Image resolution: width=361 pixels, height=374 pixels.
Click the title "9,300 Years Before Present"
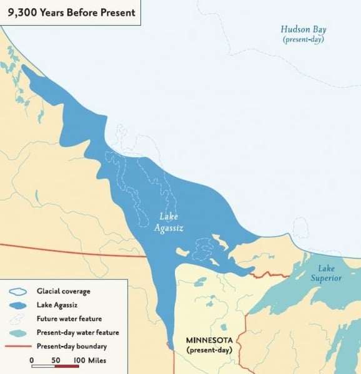[70, 12]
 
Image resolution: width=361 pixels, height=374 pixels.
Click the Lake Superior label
[327, 273]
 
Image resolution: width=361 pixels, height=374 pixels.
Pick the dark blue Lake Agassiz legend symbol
[18, 305]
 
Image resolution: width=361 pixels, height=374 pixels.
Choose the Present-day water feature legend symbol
[18, 333]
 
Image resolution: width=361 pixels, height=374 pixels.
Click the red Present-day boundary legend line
[18, 347]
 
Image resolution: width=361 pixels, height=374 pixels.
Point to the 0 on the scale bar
[32, 360]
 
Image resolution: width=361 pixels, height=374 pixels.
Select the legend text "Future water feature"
[69, 319]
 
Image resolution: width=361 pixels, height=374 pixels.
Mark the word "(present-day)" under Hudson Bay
[303, 39]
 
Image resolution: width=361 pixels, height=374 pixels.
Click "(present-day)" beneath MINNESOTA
[209, 351]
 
